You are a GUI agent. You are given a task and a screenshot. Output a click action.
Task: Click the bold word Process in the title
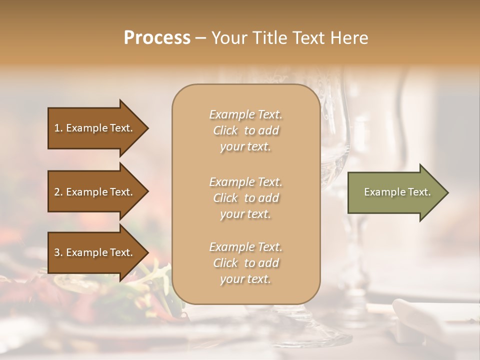point(157,38)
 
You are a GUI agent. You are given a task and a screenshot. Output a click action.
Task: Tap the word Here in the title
point(349,38)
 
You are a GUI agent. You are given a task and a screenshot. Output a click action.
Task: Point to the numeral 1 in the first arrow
point(57,128)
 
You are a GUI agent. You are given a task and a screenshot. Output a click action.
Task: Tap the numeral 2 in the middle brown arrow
point(57,192)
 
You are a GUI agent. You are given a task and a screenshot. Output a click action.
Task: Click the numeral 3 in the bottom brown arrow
point(57,252)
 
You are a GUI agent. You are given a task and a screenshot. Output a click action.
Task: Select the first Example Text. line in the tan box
point(245,114)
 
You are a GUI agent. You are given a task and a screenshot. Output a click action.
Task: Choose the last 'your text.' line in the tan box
point(245,279)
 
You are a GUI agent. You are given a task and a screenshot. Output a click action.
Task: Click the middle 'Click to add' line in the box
point(245,198)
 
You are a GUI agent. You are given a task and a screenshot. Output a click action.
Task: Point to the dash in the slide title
point(201,38)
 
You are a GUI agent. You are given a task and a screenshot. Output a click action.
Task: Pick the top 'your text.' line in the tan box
point(245,147)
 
